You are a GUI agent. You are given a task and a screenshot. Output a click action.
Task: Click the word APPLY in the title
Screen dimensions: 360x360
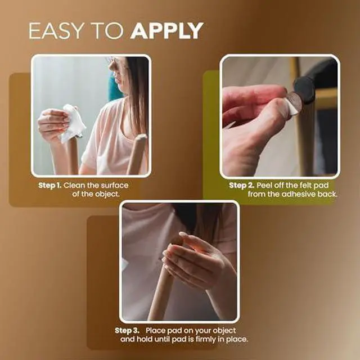coord(166,31)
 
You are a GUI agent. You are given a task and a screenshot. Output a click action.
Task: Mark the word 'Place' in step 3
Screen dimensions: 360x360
coord(158,330)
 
